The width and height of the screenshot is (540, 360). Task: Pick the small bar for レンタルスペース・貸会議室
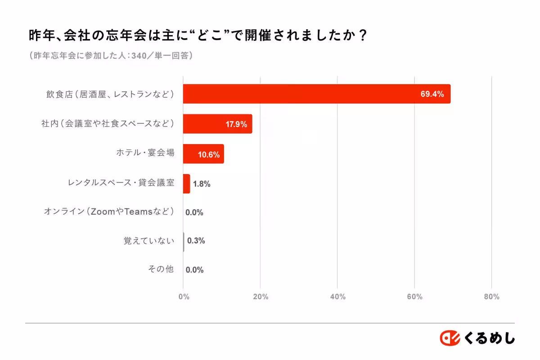(186, 184)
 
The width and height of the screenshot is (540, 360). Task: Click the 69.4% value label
(432, 94)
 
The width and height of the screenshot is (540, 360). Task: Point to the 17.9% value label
(236, 125)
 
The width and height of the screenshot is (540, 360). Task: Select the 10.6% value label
(209, 155)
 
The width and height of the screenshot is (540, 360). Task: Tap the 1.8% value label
(202, 184)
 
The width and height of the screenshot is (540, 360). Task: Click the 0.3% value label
(196, 241)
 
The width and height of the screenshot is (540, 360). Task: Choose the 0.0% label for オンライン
(194, 212)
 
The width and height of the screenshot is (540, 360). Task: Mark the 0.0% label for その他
(194, 270)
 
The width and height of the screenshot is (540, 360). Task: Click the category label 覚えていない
(148, 241)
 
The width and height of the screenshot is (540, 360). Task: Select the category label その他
(161, 270)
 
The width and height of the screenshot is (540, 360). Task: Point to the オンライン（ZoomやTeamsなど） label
(109, 211)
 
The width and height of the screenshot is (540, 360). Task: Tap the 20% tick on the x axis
(261, 297)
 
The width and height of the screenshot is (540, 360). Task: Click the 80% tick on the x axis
(491, 297)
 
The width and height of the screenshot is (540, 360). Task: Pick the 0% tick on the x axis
(184, 297)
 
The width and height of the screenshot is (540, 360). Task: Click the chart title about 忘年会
(198, 35)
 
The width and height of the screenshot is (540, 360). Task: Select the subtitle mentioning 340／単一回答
(111, 56)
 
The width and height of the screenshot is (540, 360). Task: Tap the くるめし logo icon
(450, 338)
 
